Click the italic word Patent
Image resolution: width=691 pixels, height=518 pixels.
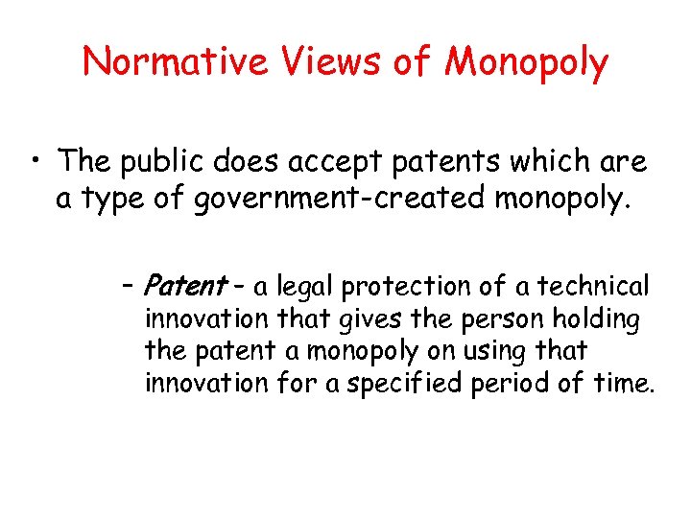point(183,286)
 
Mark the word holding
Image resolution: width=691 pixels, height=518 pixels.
point(598,318)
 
